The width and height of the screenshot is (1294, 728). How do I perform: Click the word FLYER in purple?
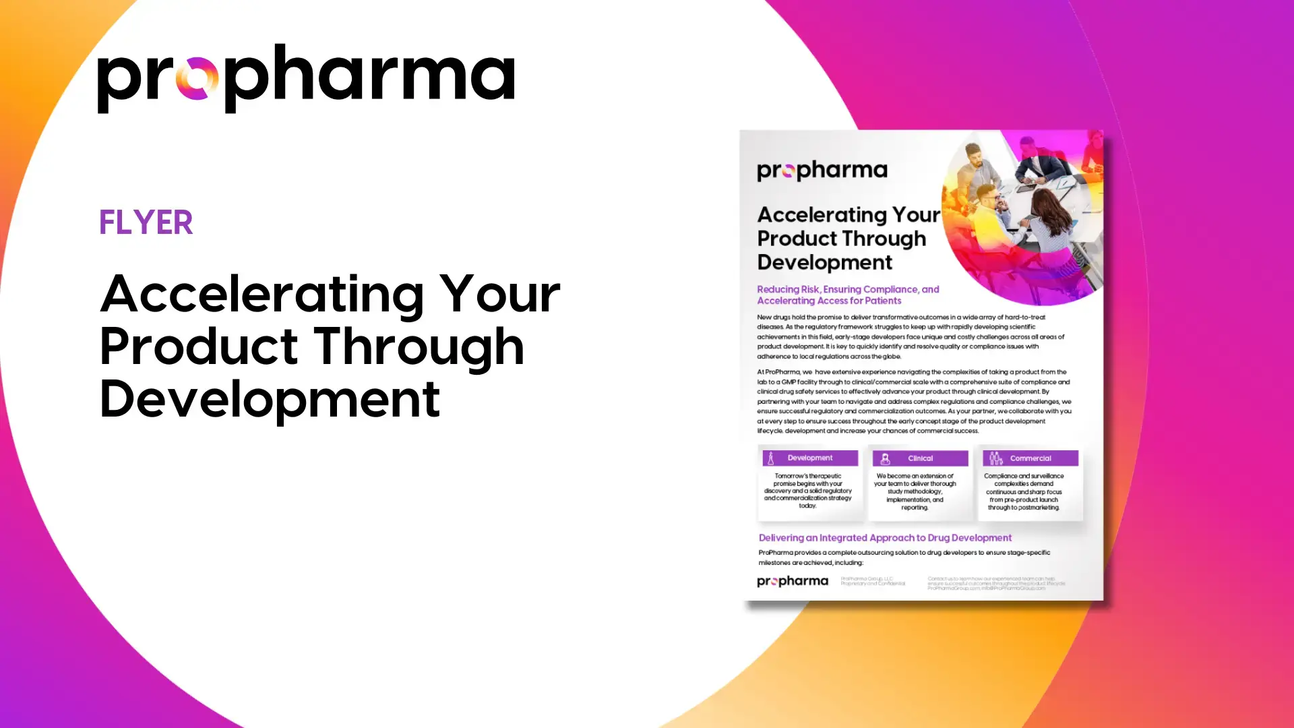(x=146, y=222)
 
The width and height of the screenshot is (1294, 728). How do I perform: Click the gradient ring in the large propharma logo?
(x=197, y=78)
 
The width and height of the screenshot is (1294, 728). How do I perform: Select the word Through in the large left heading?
(x=419, y=346)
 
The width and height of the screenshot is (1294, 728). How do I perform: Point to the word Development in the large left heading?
(x=270, y=399)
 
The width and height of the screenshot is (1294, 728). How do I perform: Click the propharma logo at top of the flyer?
(x=822, y=171)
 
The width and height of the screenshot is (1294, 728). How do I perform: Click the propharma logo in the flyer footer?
(x=792, y=581)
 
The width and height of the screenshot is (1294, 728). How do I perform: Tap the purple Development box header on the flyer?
(x=810, y=458)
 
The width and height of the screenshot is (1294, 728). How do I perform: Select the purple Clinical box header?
(x=920, y=458)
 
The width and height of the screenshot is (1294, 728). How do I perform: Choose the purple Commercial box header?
(x=1030, y=458)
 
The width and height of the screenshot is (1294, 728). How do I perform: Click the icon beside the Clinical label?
(x=886, y=458)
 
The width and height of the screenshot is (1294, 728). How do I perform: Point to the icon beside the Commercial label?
(x=995, y=458)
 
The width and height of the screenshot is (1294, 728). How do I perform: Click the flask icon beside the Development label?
(x=771, y=458)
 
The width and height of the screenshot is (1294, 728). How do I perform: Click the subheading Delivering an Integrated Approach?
(x=884, y=538)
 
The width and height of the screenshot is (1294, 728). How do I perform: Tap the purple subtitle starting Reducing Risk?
(x=847, y=295)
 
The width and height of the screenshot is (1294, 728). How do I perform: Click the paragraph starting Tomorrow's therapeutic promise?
(x=807, y=491)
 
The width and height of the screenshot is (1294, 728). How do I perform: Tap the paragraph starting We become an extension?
(x=915, y=491)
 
